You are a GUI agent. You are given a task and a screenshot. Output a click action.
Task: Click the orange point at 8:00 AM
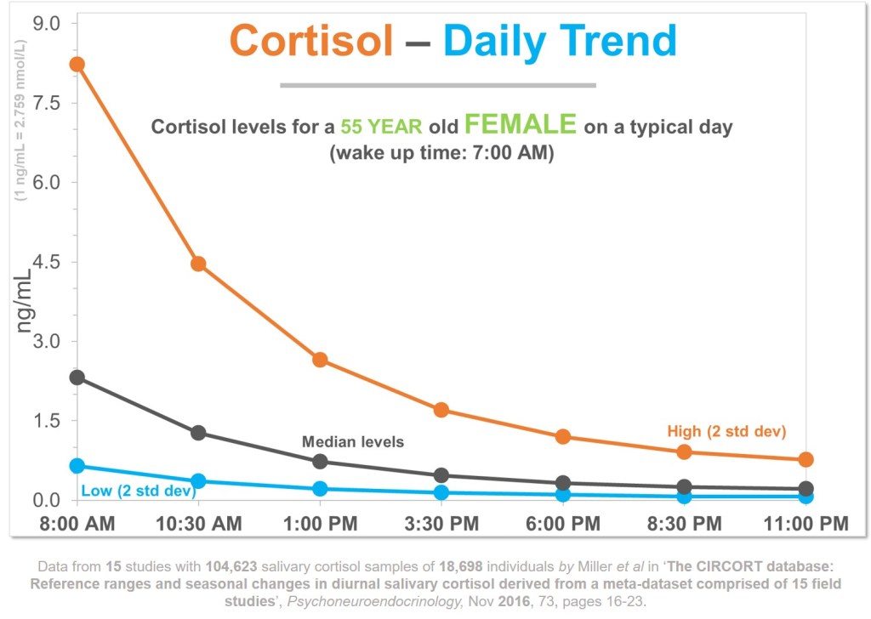coord(77,65)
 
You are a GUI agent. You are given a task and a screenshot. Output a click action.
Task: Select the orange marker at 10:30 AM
coord(198,264)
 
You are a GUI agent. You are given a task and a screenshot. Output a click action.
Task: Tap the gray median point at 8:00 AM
coord(77,378)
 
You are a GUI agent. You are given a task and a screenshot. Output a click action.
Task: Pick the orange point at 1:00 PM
coord(320,360)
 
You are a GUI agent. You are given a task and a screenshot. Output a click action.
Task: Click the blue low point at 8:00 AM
coord(77,466)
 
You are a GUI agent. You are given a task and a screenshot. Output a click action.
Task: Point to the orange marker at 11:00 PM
coord(806,460)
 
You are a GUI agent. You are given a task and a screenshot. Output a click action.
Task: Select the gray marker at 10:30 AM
coord(198,433)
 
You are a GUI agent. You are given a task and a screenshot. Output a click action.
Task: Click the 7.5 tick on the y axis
coord(48,103)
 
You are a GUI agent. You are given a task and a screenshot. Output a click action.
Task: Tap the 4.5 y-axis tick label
coord(48,262)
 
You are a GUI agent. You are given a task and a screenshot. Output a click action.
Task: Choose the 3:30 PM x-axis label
coord(441,523)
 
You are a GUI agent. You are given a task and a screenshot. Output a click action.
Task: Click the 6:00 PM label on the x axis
coord(562,523)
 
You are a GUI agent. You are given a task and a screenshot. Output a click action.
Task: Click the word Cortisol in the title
coord(311,40)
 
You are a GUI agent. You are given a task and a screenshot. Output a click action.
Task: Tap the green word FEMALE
coord(521,125)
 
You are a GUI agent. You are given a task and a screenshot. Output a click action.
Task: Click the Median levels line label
coord(353,442)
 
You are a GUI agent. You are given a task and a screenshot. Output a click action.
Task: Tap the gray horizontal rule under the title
coord(438,85)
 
